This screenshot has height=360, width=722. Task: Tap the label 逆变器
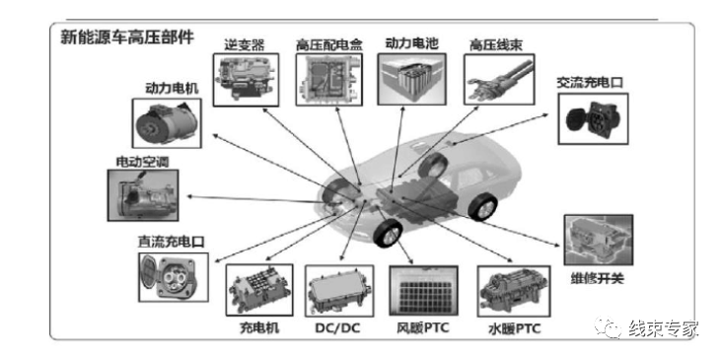tap(245, 43)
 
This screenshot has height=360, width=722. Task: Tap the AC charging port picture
tap(590, 120)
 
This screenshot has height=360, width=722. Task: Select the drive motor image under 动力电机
tap(168, 124)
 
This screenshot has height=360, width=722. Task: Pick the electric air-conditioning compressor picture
tap(144, 194)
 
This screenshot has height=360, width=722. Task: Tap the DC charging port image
tap(173, 277)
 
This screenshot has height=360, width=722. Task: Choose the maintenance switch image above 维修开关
tap(597, 241)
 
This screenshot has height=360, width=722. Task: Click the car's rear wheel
tap(481, 208)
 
